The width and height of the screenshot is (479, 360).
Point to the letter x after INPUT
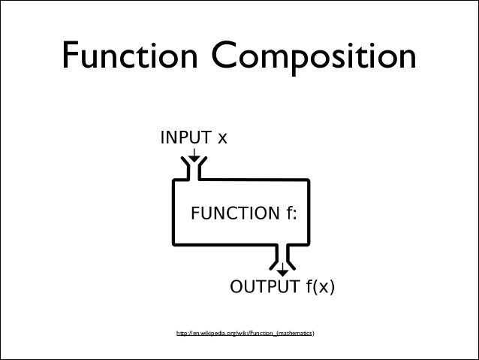coord(222,139)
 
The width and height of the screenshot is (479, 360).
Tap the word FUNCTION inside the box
coord(235,213)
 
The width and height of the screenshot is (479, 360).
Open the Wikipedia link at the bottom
coord(245,331)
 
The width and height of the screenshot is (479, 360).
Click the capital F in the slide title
coord(74,56)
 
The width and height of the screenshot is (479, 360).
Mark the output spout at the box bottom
coord(282,254)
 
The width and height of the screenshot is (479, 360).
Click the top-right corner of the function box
coord(308,181)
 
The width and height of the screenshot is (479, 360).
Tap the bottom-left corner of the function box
coord(174,244)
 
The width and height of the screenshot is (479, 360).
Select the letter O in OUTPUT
coord(236,287)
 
